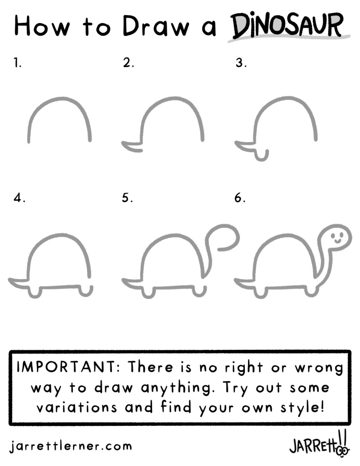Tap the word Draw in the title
(156, 26)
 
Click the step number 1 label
(18, 62)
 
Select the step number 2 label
(128, 62)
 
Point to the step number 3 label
(241, 62)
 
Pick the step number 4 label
(19, 198)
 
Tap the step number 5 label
(127, 198)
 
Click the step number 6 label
(240, 198)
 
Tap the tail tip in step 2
(123, 143)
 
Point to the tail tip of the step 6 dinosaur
(236, 280)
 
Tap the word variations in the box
(76, 407)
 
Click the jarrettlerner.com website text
(71, 446)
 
